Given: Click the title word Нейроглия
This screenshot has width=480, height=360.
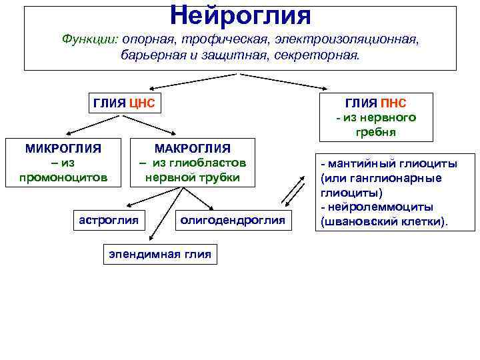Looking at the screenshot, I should tap(240, 13).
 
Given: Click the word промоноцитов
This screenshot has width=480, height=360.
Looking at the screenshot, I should tap(63, 177).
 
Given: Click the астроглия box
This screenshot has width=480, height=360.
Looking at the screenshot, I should tap(109, 219).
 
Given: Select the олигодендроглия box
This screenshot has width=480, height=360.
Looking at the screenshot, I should tap(233, 219).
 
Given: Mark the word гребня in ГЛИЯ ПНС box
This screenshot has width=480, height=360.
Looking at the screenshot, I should tap(376, 132).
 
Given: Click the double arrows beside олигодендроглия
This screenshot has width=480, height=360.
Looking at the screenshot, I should tap(291, 193).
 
